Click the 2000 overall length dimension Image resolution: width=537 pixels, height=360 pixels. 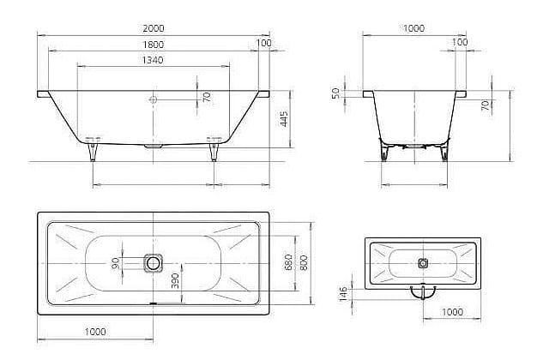click(x=154, y=28)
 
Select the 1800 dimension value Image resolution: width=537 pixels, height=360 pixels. click(x=154, y=45)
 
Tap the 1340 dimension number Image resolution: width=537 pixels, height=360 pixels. click(x=153, y=60)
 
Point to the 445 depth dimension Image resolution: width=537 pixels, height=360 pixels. click(x=284, y=118)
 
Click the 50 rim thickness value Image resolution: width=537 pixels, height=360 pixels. click(x=336, y=93)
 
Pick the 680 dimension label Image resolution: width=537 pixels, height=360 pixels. click(x=288, y=262)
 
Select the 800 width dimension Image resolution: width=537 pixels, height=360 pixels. click(x=304, y=262)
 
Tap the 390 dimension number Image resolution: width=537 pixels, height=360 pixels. click(x=175, y=280)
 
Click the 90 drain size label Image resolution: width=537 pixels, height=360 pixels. click(x=116, y=263)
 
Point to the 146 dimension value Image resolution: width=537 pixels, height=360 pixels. click(x=343, y=294)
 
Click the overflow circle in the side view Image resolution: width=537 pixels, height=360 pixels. click(x=153, y=99)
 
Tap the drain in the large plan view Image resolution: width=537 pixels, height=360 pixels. click(x=153, y=263)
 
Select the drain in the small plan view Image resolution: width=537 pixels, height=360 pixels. click(x=423, y=263)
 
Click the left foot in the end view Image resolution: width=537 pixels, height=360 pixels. click(x=384, y=151)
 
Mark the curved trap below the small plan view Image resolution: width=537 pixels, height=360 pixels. click(x=423, y=293)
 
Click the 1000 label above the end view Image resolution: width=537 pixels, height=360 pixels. click(x=413, y=28)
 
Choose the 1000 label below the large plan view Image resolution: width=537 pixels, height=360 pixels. click(x=95, y=331)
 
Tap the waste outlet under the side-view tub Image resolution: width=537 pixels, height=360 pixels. click(x=153, y=146)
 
